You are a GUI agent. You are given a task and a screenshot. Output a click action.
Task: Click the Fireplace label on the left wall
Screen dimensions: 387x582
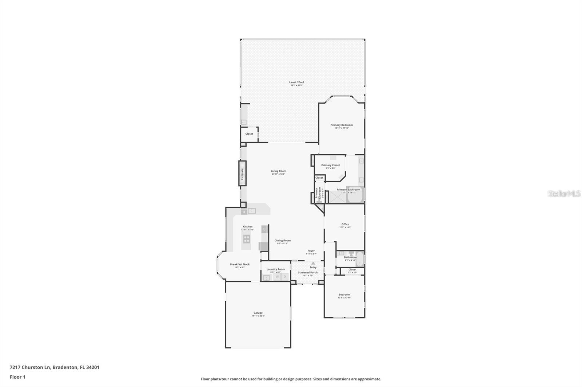pyautogui.click(x=242, y=174)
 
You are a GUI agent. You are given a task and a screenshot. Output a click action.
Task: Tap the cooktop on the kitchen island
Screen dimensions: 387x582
pyautogui.click(x=247, y=239)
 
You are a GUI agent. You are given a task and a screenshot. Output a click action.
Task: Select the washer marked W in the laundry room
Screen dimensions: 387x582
pyautogui.click(x=277, y=277)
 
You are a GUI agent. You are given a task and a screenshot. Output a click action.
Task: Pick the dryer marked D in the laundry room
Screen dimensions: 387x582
pyautogui.click(x=285, y=277)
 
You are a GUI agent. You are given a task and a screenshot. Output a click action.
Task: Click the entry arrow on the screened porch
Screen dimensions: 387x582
pyautogui.click(x=313, y=263)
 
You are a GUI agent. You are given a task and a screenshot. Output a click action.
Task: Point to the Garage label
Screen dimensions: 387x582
pyautogui.click(x=258, y=313)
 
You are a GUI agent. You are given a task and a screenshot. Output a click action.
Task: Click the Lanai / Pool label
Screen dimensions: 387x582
pyautogui.click(x=296, y=82)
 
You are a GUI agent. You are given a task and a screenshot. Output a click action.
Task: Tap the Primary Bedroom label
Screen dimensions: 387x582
pyautogui.click(x=342, y=125)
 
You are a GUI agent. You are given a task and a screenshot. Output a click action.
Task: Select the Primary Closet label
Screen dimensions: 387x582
pyautogui.click(x=330, y=165)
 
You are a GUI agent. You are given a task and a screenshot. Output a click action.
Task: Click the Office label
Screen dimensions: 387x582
pyautogui.click(x=345, y=224)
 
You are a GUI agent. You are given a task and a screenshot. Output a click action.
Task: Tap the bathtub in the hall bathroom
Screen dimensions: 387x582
pyautogui.click(x=360, y=259)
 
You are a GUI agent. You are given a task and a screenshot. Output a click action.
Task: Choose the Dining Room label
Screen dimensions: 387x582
pyautogui.click(x=282, y=240)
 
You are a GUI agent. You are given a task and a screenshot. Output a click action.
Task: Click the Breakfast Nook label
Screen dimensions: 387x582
pyautogui.click(x=240, y=264)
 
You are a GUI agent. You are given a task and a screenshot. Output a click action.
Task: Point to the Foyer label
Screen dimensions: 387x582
pyautogui.click(x=311, y=250)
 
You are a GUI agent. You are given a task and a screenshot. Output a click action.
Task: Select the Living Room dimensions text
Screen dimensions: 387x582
pyautogui.click(x=278, y=174)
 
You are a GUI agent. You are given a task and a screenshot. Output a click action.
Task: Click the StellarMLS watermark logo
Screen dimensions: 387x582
pyautogui.click(x=564, y=194)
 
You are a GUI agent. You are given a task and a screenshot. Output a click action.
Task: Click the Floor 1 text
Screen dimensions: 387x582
pyautogui.click(x=17, y=377)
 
